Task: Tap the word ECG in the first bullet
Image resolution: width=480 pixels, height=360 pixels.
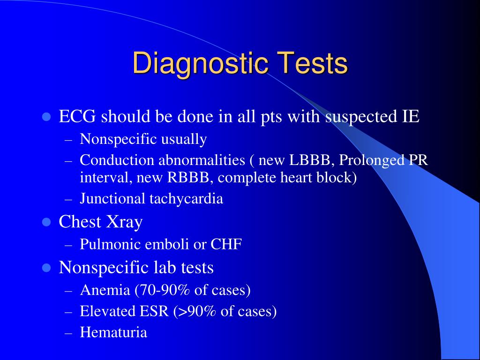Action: [x=76, y=116]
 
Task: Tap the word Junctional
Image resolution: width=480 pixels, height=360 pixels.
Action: [x=112, y=199]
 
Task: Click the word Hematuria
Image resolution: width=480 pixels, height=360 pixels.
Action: [x=113, y=332]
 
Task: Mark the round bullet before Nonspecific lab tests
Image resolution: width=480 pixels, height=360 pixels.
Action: [x=46, y=268]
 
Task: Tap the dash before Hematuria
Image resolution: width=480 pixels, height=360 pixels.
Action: [x=68, y=333]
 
